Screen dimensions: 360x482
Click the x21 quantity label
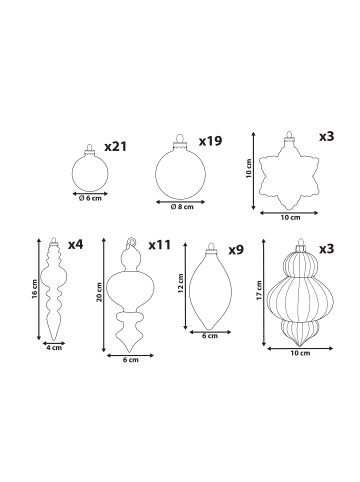click(x=116, y=147)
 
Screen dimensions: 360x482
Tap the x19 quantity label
click(x=210, y=141)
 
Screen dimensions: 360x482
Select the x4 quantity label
click(x=76, y=245)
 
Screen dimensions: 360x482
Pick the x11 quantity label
click(x=159, y=245)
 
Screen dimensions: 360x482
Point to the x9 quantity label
click(x=236, y=250)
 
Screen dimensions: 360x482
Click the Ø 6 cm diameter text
click(x=90, y=198)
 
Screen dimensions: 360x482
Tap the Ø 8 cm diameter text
click(x=182, y=207)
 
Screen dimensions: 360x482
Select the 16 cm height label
click(x=35, y=289)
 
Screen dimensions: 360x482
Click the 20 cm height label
click(x=99, y=292)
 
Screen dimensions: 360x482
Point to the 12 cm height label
click(x=181, y=283)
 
